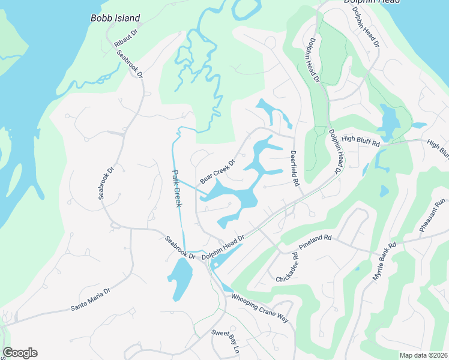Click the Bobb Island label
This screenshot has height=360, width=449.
click(x=115, y=18)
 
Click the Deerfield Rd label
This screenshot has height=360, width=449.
click(x=295, y=167)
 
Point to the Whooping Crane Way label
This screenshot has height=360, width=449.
click(x=260, y=308)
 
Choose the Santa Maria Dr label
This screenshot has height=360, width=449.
click(x=91, y=300)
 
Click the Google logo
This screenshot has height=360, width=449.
click(x=20, y=353)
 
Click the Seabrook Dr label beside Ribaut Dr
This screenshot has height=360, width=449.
click(x=130, y=64)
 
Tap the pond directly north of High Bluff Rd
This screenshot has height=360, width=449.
click(x=389, y=122)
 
